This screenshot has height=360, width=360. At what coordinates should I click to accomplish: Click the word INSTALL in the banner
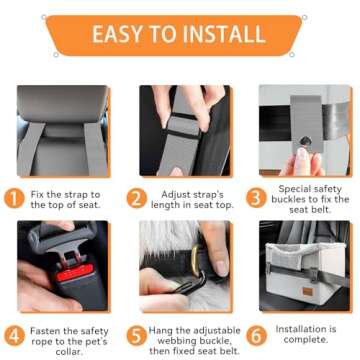[x=229, y=33]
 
